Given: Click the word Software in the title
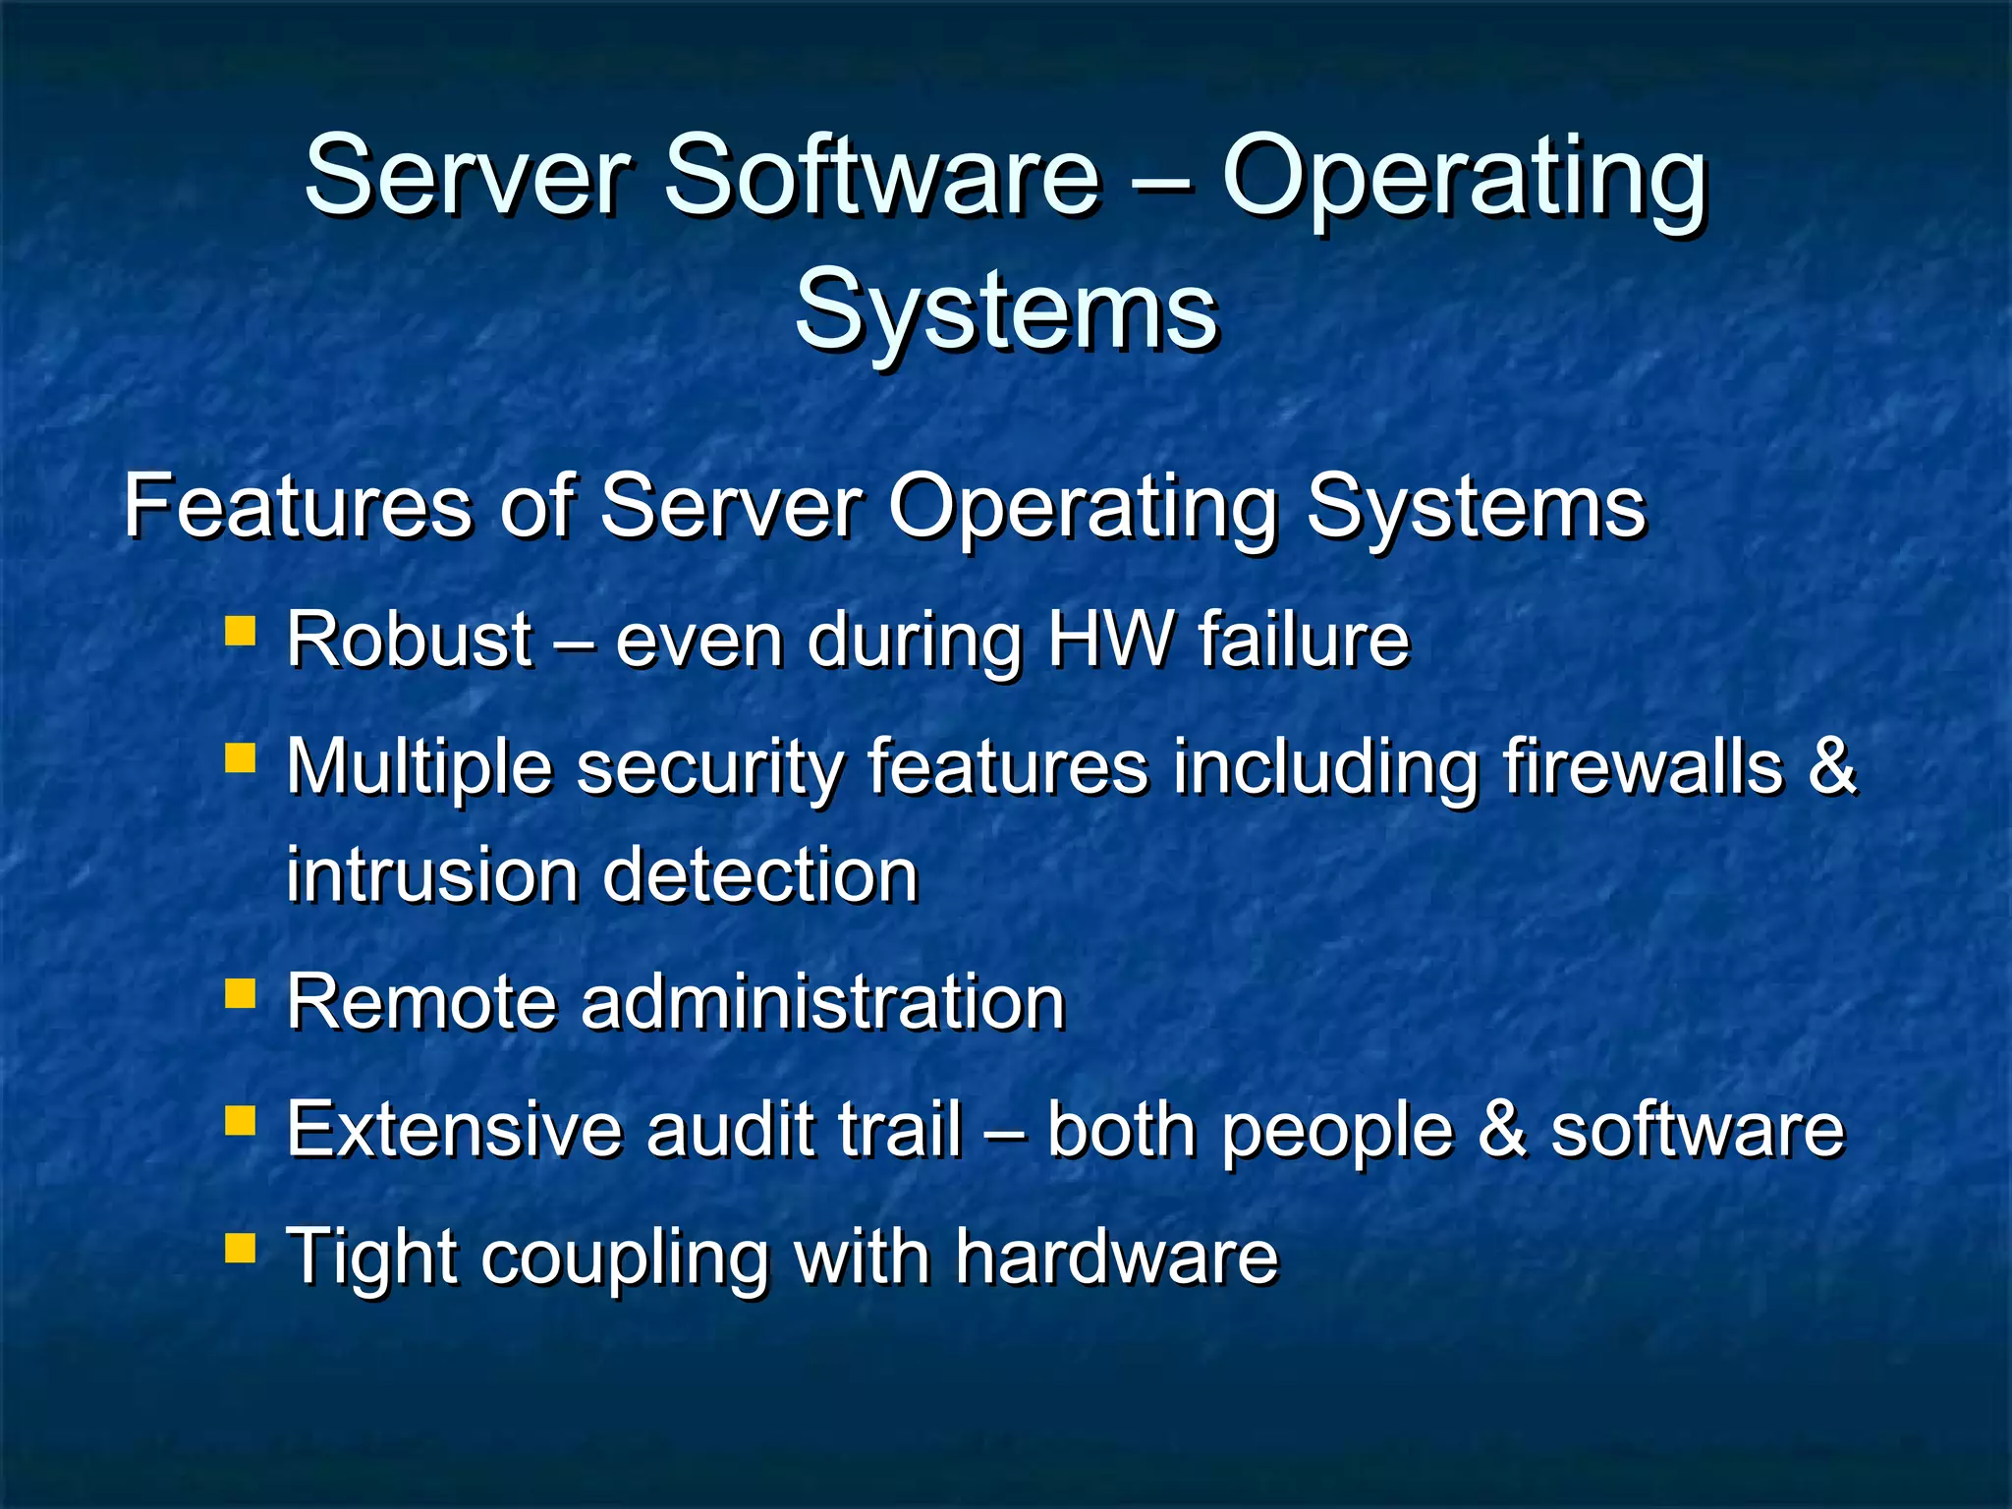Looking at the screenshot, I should click(881, 177).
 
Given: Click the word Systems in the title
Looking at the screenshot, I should click(1006, 310).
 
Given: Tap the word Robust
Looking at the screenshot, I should click(409, 640).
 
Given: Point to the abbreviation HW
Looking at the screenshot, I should click(1110, 640).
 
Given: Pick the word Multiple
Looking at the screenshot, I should click(419, 767).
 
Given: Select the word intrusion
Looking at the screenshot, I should click(431, 874).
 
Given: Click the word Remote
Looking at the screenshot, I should click(421, 1002).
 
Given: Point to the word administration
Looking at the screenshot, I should click(823, 1002).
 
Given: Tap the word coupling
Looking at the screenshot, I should click(625, 1258).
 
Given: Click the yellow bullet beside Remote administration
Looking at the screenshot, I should click(240, 993).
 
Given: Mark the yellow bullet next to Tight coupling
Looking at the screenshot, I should click(240, 1248).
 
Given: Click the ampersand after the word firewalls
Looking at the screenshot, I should click(1831, 765).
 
